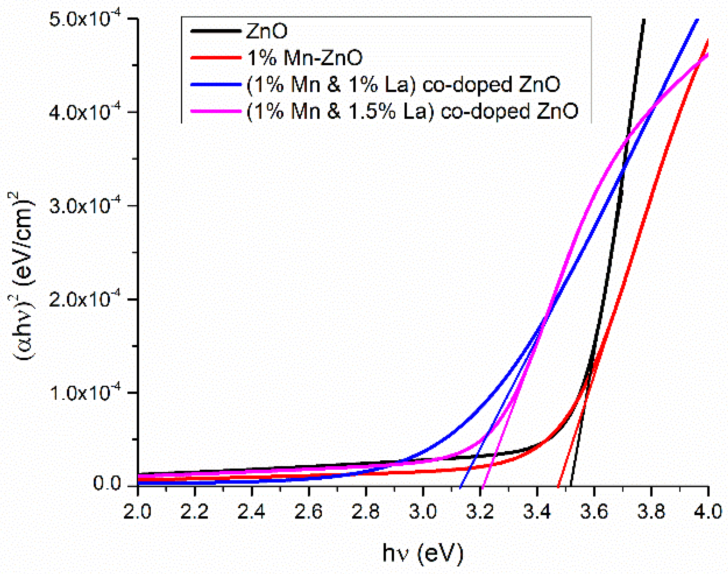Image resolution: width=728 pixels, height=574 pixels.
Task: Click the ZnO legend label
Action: click(267, 31)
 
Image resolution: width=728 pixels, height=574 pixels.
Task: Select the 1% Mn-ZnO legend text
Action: click(305, 58)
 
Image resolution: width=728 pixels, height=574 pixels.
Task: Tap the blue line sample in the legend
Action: click(216, 85)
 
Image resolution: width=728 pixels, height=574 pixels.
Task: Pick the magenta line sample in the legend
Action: click(216, 111)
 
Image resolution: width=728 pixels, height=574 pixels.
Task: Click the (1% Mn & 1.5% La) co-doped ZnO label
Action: click(412, 111)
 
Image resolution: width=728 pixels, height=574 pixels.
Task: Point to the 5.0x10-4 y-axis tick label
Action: click(85, 19)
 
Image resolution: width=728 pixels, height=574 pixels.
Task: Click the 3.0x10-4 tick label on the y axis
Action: click(85, 206)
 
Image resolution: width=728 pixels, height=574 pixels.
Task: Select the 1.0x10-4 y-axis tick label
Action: click(85, 393)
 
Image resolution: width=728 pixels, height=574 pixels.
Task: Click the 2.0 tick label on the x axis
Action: click(137, 512)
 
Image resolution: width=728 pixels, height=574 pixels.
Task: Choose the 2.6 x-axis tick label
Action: click(308, 512)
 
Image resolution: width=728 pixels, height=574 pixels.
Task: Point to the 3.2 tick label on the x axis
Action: click(479, 512)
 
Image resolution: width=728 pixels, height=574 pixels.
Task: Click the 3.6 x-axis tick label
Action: click(594, 512)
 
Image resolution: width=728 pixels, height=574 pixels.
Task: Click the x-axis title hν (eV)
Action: click(423, 553)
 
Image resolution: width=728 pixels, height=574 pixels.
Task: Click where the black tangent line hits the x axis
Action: click(571, 486)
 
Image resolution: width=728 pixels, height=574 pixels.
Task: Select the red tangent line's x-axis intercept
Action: click(558, 486)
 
